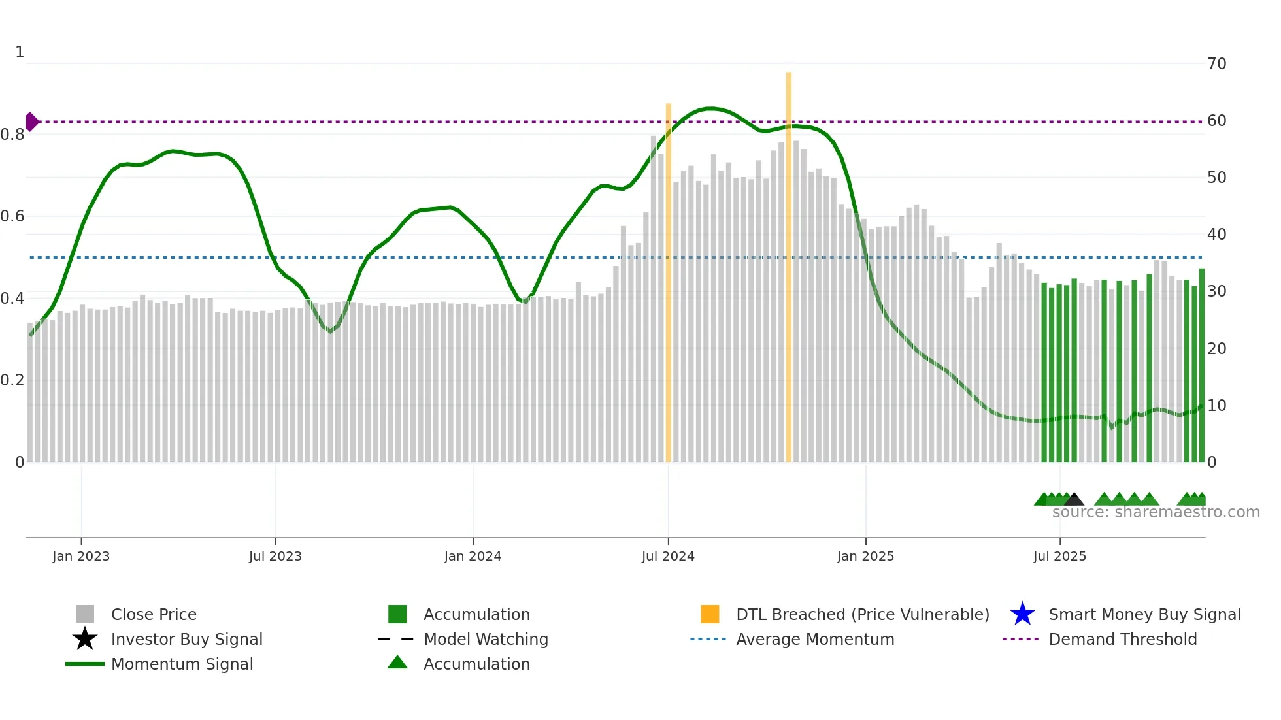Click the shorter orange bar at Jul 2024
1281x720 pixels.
[669, 281]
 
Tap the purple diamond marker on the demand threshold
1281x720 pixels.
[31, 122]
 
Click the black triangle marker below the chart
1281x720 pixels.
[1074, 500]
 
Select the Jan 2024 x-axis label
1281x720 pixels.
[473, 556]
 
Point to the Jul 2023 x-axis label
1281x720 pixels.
[275, 556]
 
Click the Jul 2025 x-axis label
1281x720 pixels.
[1059, 556]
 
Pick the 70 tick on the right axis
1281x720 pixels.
[1216, 64]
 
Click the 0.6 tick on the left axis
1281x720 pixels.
[12, 216]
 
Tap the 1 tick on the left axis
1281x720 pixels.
[20, 52]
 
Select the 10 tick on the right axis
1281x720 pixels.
[1216, 406]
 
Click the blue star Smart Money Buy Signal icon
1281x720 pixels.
[1022, 614]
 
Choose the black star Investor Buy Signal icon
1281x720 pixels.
[85, 639]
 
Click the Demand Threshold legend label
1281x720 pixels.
[1122, 639]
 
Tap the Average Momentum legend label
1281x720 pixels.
[814, 639]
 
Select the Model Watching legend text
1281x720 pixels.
[486, 639]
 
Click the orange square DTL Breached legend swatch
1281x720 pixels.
[710, 614]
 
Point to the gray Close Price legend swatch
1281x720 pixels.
[85, 614]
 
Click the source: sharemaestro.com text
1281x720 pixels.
[1156, 512]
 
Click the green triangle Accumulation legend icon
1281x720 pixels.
[397, 663]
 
